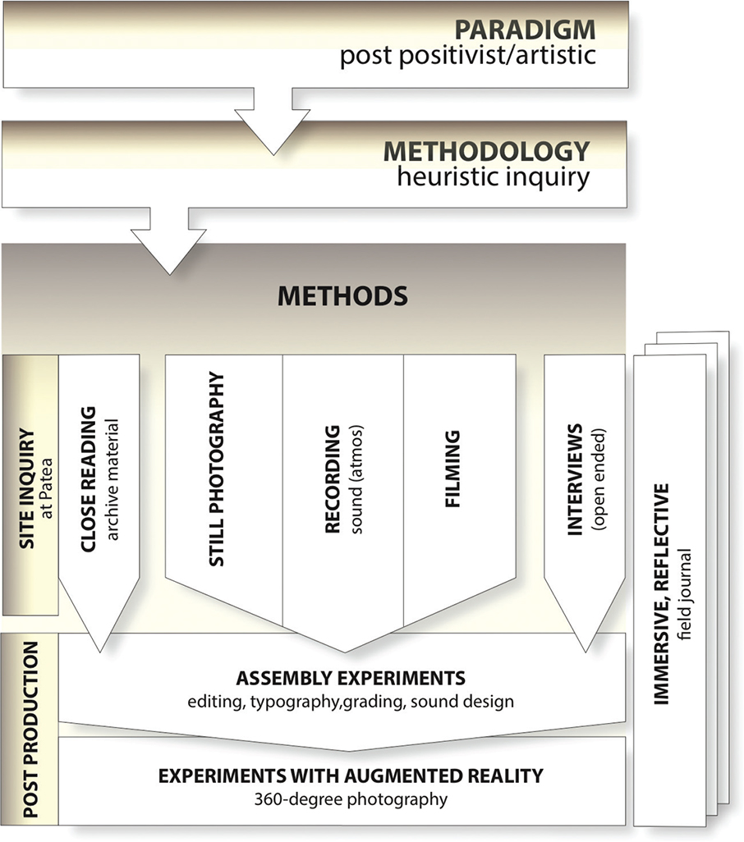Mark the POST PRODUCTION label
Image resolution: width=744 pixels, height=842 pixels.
[30, 730]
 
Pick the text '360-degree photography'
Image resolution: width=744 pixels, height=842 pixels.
[351, 798]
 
